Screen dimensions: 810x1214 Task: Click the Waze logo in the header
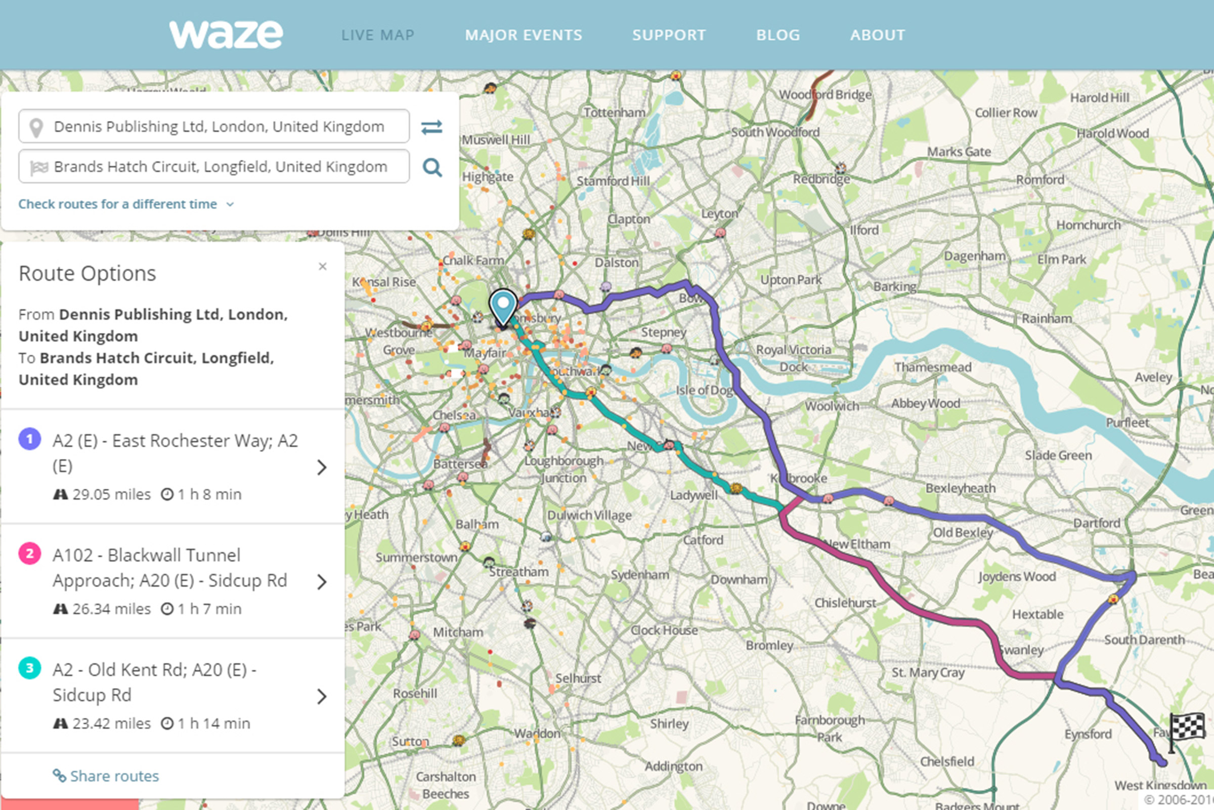point(226,34)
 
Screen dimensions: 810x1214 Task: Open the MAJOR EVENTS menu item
point(523,35)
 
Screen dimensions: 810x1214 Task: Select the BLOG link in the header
point(777,35)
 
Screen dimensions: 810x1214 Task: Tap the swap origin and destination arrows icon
point(431,127)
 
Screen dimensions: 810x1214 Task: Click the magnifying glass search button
point(431,167)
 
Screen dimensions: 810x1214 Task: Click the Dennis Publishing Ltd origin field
point(219,126)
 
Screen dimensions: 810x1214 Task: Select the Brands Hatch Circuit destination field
point(220,167)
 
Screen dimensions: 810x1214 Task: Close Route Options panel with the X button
point(323,267)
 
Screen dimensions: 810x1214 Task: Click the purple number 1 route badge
point(30,439)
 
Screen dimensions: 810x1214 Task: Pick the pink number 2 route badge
point(30,554)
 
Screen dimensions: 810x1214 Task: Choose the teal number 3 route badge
point(30,668)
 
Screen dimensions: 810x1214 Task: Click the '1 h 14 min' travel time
point(213,723)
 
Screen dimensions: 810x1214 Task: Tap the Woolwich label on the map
point(832,406)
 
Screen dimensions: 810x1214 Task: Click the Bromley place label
point(769,645)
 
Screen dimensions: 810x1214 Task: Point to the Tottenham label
point(614,113)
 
